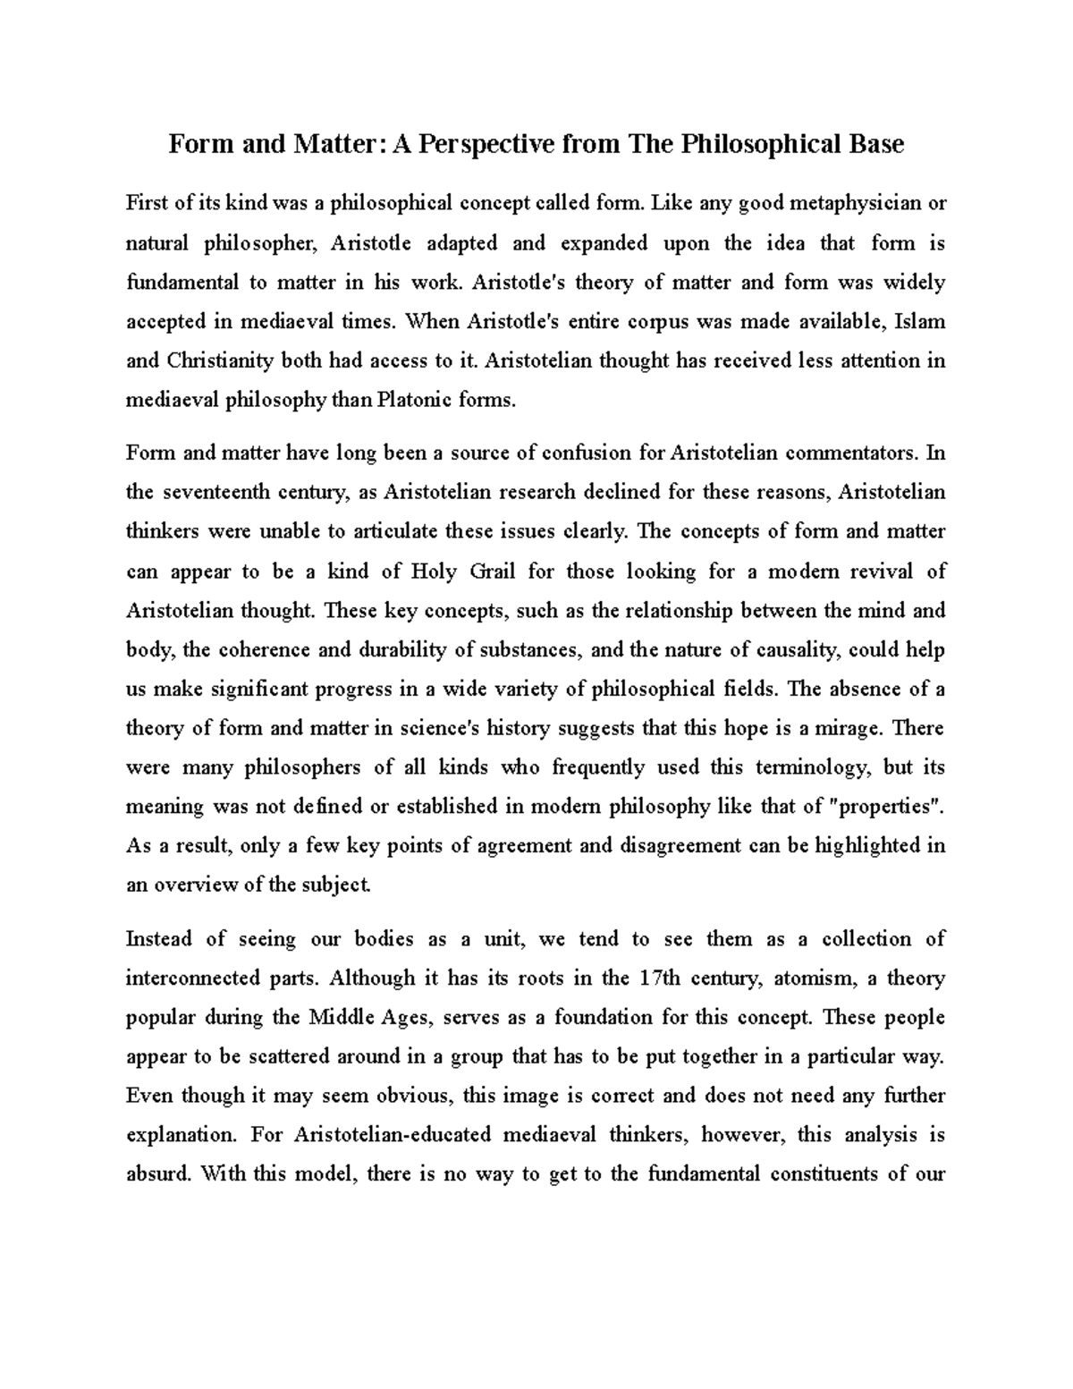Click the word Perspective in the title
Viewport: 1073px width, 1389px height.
[x=471, y=144]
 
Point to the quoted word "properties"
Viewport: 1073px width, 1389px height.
[x=887, y=807]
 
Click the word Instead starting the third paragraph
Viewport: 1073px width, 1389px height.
[x=158, y=939]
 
